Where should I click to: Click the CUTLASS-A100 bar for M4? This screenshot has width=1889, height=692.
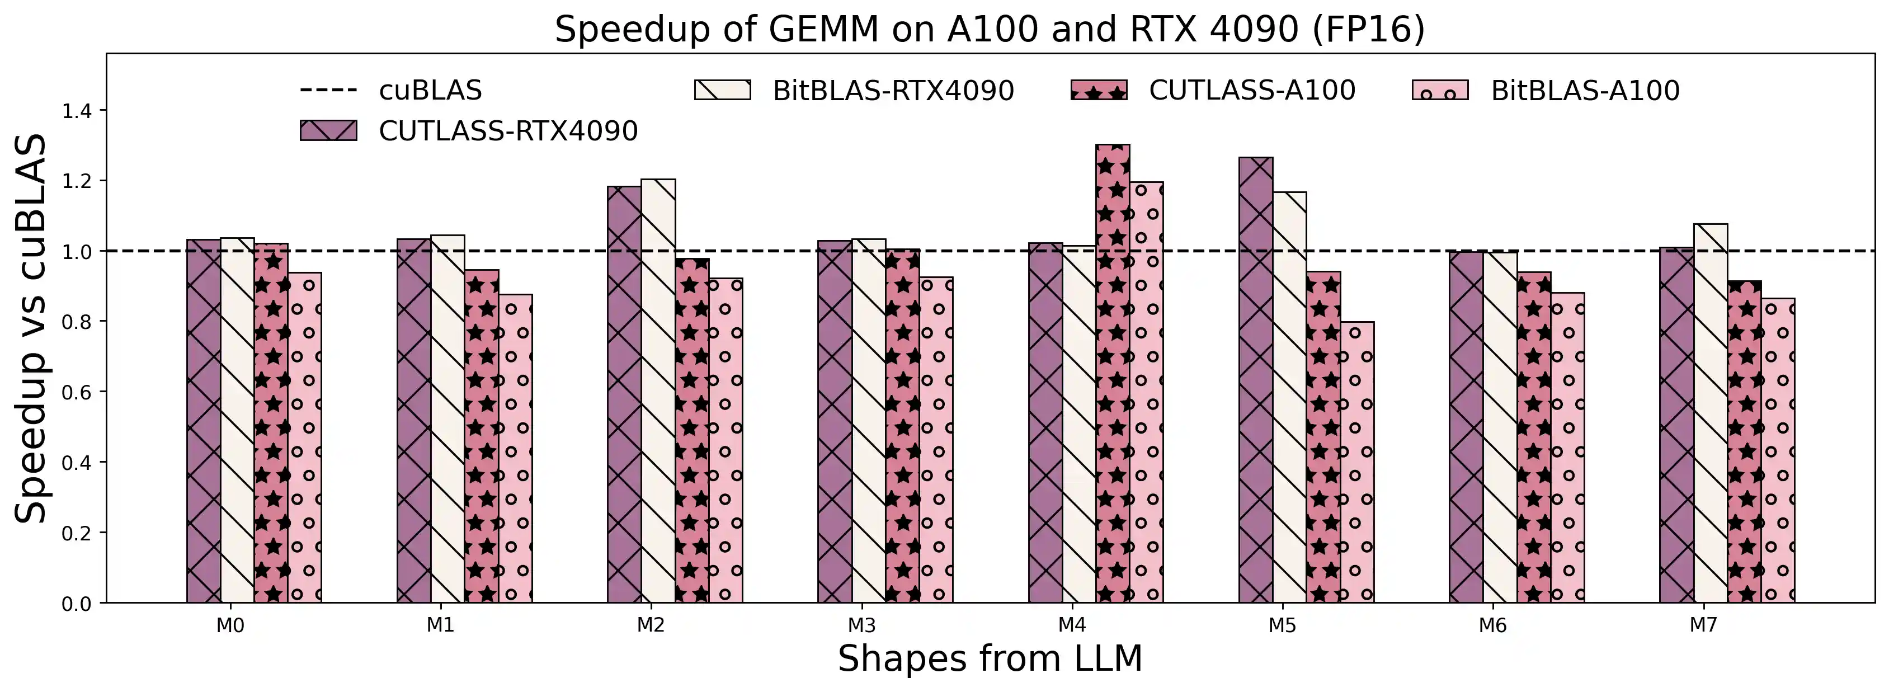coord(1113,374)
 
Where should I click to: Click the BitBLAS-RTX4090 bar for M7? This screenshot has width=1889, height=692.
coord(1710,413)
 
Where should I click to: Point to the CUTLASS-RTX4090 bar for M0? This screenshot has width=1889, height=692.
coord(203,421)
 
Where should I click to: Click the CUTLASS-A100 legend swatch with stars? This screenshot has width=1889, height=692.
coord(1099,90)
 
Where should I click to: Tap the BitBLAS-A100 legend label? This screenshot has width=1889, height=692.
coord(1585,90)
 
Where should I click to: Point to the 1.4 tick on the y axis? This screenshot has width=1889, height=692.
coord(78,111)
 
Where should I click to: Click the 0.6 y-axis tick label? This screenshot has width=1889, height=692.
coord(78,392)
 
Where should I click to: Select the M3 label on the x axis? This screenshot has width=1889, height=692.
coord(861,625)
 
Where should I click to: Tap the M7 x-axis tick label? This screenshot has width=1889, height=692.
coord(1703,625)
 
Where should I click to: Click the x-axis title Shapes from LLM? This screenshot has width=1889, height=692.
coord(990,658)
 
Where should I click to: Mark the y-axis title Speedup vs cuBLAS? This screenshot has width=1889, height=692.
coord(31,328)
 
